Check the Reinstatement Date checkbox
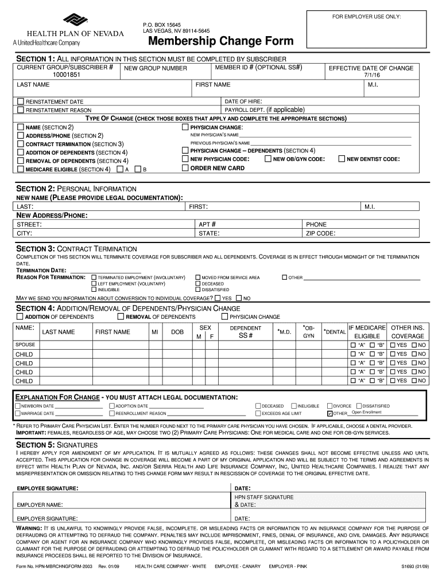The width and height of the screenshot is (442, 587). (21, 101)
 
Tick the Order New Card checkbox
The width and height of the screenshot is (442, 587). (185, 168)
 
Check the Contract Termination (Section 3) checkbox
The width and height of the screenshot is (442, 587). (21, 144)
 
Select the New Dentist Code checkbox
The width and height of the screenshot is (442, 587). (342, 159)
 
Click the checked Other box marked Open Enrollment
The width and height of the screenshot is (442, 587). (329, 413)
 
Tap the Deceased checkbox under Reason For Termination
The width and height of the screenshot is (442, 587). (198, 284)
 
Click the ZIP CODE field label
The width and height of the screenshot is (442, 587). (320, 233)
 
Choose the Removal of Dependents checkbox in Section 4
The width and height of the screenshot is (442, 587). (121, 316)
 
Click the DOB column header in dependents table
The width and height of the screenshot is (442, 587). (177, 332)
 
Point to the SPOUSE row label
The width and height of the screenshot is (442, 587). (25, 345)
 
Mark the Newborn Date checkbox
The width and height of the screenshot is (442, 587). (18, 406)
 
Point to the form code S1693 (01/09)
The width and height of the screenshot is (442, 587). (414, 566)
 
